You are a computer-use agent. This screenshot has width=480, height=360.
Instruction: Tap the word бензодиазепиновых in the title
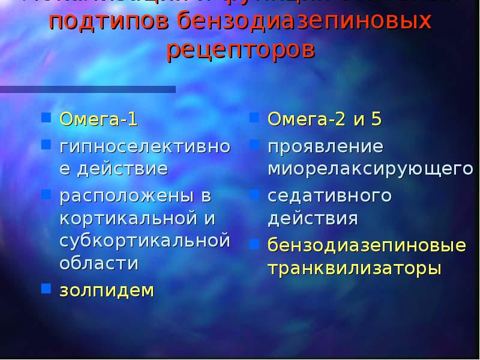coord(305,22)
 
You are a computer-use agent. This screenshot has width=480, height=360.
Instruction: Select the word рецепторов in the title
coord(240,49)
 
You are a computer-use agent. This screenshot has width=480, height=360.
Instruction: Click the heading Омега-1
coord(98,119)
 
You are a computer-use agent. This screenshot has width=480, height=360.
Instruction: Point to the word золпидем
coord(106,290)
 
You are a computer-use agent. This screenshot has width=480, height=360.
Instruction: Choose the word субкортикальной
coord(145,241)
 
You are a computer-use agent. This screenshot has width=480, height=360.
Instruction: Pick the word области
coord(99,263)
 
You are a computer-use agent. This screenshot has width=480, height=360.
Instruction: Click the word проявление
coord(325,146)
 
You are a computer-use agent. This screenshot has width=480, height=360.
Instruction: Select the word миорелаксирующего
coord(370,169)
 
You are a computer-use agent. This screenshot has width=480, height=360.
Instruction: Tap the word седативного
coord(329,196)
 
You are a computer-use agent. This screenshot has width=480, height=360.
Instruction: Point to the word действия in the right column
coord(313,218)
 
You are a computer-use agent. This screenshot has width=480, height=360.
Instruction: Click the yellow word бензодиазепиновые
coord(367,245)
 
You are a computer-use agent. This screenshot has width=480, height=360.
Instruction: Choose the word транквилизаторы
coord(354,268)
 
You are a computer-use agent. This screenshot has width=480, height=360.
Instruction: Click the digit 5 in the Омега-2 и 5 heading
coord(376,119)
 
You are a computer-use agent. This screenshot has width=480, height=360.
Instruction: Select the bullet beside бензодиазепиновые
coord(254,244)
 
